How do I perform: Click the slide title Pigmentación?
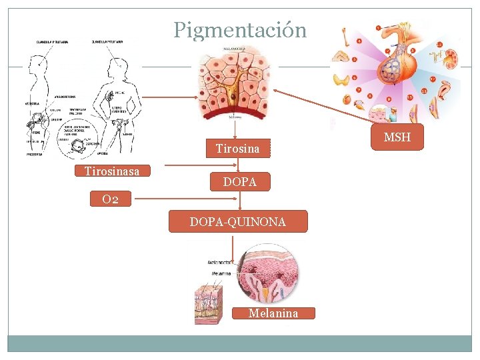pos(240,30)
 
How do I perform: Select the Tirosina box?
pos(237,148)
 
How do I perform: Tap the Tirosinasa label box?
pos(112,171)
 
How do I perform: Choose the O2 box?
pos(111,199)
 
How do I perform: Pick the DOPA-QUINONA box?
pos(238,221)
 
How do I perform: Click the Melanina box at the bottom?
pos(273,313)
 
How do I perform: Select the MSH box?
pos(397,137)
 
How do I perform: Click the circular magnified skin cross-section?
pos(269,273)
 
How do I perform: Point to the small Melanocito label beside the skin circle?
pos(219,263)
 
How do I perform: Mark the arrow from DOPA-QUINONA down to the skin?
pos(233,246)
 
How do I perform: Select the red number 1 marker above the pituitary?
pos(379,29)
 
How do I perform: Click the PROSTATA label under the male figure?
pos(35,155)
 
